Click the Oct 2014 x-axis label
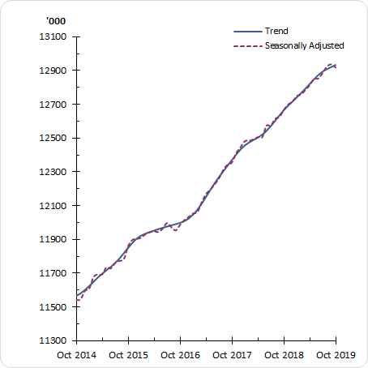76,355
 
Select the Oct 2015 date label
128,355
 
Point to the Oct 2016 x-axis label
180,355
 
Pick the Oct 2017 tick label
232,355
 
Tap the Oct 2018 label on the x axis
284,355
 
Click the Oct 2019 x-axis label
336,355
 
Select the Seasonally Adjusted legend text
305,45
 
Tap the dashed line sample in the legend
247,46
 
